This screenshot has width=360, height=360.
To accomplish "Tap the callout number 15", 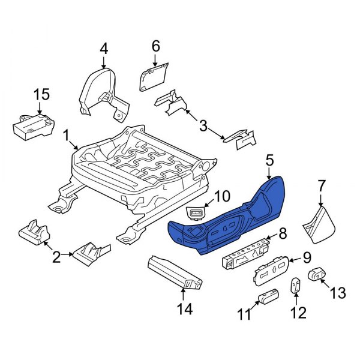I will tap(40, 95).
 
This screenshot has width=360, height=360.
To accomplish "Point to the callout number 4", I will tap(103, 47).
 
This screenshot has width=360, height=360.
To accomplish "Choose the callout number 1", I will tap(65, 137).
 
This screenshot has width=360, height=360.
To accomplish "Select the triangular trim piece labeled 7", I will tap(320, 225).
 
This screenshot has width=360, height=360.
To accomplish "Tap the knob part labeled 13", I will tap(317, 275).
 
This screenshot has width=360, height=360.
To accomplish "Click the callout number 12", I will tap(298, 312).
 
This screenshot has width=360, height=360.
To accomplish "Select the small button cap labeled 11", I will tap(268, 296).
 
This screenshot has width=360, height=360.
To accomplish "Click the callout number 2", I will tap(55, 257).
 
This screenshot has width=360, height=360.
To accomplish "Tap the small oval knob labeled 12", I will tap(297, 286).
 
